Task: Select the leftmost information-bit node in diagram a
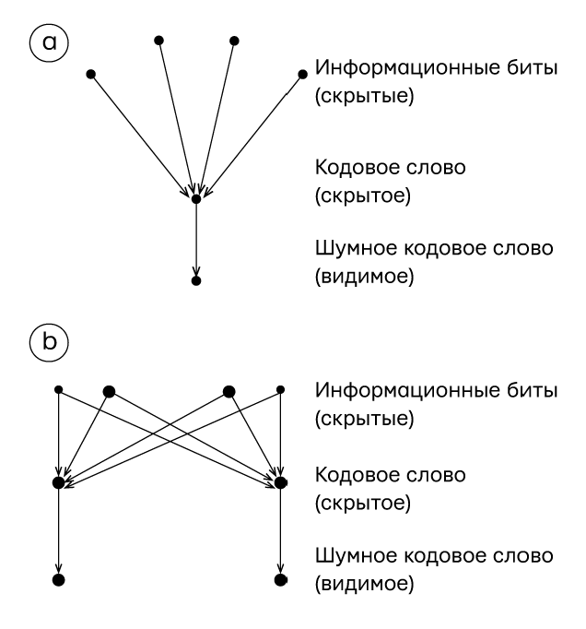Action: tap(89, 73)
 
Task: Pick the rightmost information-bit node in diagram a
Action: tap(302, 73)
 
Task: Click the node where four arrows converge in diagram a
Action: tap(195, 197)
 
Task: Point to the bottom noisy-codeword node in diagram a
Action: tap(195, 279)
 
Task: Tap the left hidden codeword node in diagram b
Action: tap(59, 481)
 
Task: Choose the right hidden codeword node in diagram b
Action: tap(281, 481)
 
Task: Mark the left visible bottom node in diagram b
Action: tap(59, 580)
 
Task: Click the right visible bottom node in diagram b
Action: tap(281, 580)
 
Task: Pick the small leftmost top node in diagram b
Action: tap(59, 390)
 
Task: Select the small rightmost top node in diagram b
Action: tap(281, 390)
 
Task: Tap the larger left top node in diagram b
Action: tap(109, 391)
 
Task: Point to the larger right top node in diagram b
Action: tap(229, 391)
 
